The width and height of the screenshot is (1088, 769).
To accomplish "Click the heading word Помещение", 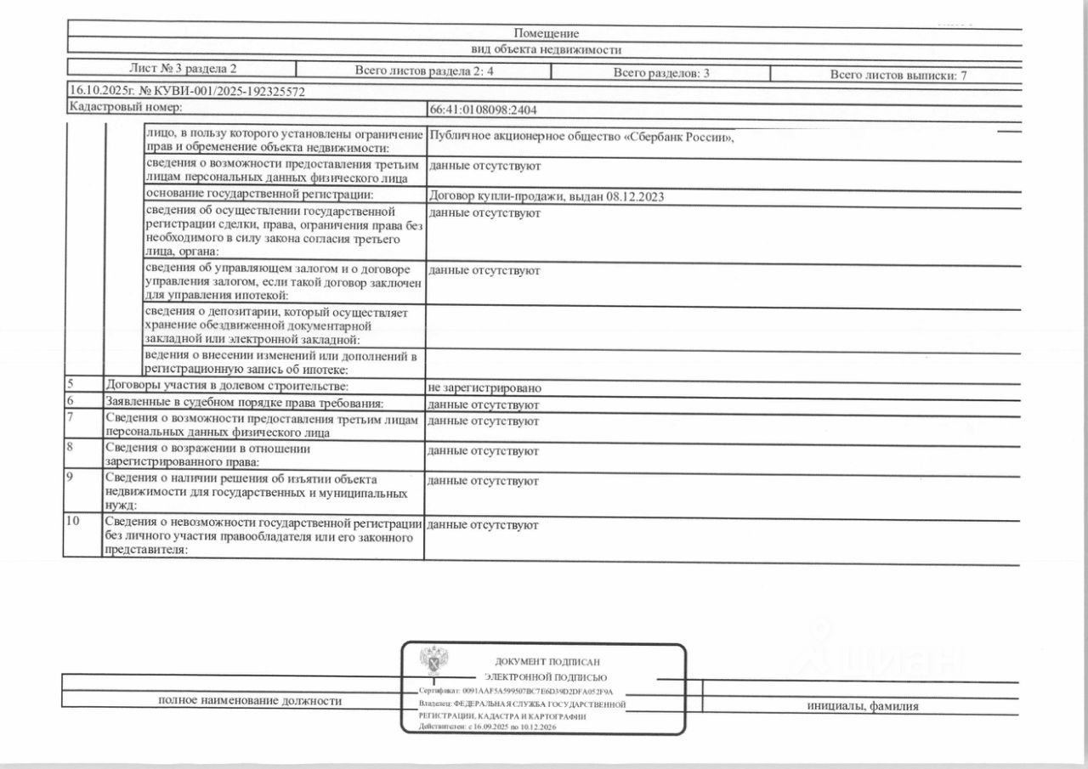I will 546,34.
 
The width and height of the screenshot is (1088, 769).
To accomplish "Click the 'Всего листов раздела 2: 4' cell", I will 423,72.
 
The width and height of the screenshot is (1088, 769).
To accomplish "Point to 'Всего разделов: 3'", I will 661,74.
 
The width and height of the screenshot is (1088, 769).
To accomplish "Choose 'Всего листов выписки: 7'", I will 898,76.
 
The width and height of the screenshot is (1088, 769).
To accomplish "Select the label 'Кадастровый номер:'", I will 125,107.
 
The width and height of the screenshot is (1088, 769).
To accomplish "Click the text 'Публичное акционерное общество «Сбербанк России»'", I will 581,138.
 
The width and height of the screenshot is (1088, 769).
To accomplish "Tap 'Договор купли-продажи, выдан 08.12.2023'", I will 547,197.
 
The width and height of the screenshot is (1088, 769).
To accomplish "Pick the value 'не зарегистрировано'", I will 485,388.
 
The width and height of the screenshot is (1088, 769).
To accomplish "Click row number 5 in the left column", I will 71,385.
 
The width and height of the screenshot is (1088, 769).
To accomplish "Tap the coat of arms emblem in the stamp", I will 434,662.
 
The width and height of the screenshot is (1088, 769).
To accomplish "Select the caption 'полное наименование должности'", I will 250,701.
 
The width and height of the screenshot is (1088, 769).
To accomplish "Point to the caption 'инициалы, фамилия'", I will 863,706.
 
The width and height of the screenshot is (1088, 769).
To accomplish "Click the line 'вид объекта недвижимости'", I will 546,50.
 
